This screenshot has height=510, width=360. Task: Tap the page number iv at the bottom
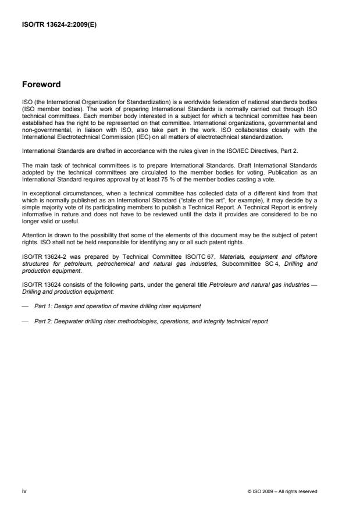24,491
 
